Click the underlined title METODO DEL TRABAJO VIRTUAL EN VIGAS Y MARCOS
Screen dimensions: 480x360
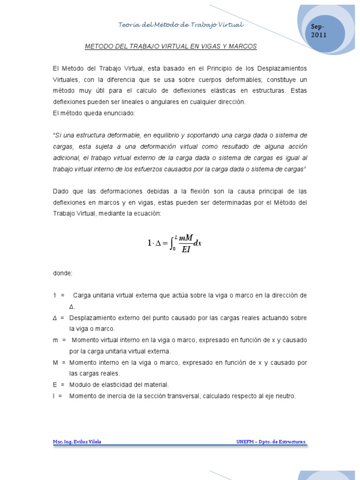point(171,47)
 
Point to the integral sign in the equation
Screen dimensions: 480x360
point(173,243)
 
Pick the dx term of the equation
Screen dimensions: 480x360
point(197,243)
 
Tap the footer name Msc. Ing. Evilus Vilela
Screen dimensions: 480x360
point(77,442)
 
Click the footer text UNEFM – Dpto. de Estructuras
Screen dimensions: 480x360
point(271,442)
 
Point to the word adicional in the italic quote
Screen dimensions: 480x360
point(67,158)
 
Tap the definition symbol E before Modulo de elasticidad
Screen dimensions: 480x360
point(55,384)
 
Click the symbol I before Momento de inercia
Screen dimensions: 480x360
point(54,396)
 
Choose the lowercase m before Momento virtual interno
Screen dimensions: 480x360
point(56,339)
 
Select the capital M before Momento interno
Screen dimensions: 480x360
point(55,362)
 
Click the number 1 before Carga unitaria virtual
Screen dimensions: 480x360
point(55,295)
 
